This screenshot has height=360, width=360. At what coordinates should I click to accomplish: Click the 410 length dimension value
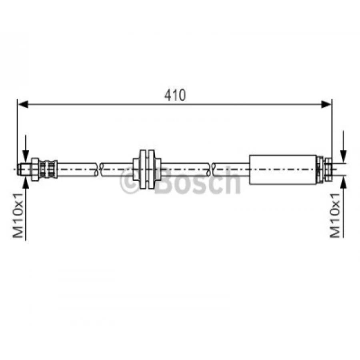click(x=175, y=95)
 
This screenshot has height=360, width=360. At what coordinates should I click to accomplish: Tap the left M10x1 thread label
click(x=19, y=216)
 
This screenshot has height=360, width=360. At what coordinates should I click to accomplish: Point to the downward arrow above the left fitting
click(x=26, y=154)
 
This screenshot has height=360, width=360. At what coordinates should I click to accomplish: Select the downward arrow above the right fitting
click(x=342, y=154)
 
